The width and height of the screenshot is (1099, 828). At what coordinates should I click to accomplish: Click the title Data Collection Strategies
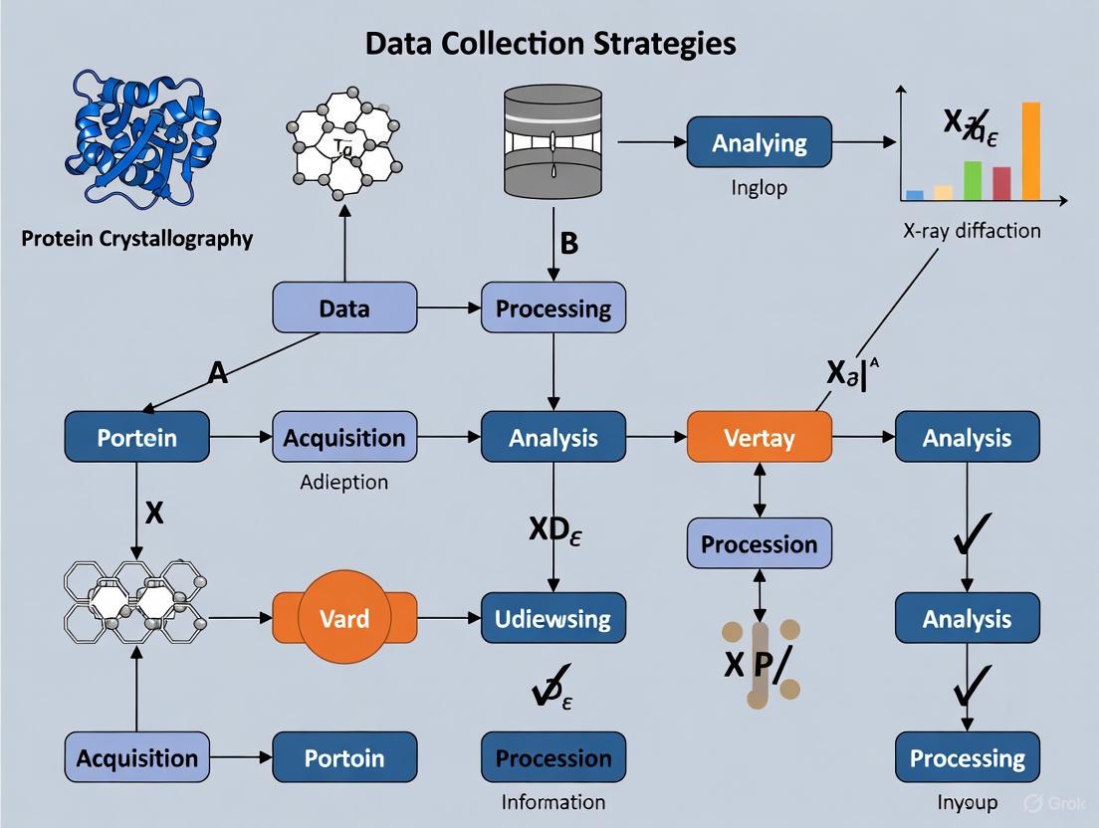tap(550, 43)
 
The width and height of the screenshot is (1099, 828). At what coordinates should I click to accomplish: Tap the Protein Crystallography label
tap(137, 239)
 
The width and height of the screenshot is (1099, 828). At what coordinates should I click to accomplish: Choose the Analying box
tap(759, 142)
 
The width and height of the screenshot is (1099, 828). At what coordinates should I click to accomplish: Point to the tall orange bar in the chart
tap(1030, 150)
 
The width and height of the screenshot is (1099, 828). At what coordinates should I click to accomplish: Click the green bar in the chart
tap(973, 180)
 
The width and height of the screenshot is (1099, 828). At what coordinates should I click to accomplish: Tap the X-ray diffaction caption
tap(972, 231)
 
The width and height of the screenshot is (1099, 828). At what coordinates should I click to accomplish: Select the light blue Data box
tap(344, 308)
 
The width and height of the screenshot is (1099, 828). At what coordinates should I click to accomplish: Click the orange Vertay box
tap(759, 438)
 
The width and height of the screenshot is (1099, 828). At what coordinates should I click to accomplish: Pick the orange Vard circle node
tap(344, 618)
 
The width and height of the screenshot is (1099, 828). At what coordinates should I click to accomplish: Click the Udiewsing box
tap(552, 618)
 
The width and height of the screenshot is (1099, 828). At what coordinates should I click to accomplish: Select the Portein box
tap(137, 438)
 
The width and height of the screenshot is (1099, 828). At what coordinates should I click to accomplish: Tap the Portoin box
tap(344, 758)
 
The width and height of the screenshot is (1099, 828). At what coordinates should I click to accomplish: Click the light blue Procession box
tap(759, 543)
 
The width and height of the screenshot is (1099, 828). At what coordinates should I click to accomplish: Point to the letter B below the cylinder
tap(568, 244)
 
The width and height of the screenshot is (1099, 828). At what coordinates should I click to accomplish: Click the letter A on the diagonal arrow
tap(218, 373)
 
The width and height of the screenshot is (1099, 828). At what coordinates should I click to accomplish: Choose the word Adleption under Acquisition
tap(344, 482)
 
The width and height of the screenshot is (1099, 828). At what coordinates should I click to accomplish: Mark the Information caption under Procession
tap(552, 802)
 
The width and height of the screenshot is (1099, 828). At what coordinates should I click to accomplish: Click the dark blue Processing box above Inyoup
tap(967, 758)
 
